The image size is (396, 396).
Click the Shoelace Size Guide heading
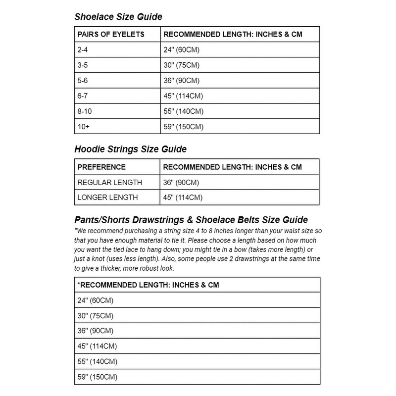118,17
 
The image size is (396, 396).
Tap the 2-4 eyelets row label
84,50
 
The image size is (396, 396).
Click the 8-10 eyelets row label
86,111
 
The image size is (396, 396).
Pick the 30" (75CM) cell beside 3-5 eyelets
182,66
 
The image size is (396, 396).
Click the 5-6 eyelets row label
84,81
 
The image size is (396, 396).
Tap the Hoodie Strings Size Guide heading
130,148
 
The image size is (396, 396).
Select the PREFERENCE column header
101,167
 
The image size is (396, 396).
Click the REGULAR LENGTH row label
110,183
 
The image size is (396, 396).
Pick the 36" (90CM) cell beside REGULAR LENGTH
182,183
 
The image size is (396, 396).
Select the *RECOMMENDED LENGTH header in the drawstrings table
148,285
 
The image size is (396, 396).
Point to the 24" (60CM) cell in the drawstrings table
97,300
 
